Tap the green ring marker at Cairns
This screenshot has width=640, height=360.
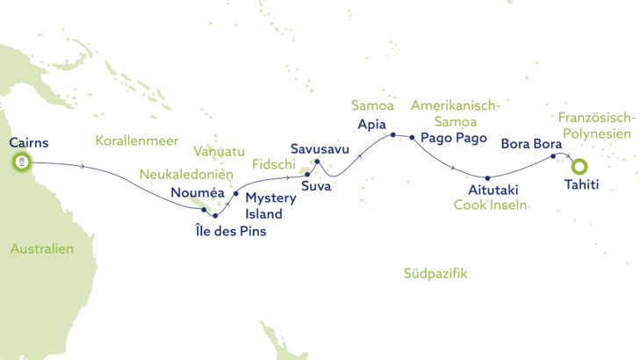(x=20, y=162)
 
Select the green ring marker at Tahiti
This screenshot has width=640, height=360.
(x=579, y=166)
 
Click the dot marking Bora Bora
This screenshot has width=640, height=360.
(x=553, y=156)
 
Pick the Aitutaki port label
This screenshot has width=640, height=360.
(x=495, y=189)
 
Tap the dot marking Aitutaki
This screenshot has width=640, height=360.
(x=487, y=177)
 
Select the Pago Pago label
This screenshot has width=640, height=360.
(x=453, y=138)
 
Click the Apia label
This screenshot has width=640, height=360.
(x=373, y=124)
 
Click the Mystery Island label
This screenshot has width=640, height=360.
(x=270, y=205)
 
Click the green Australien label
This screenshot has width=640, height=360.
(x=42, y=249)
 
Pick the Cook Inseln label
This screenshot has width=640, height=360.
(x=492, y=205)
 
